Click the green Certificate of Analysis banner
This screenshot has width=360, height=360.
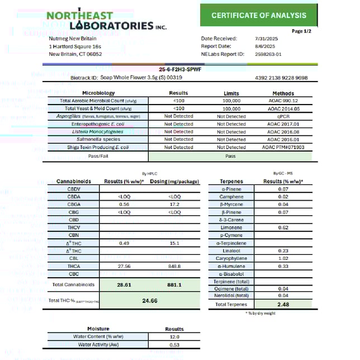pyautogui.click(x=258, y=15)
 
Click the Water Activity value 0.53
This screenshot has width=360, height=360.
pyautogui.click(x=174, y=344)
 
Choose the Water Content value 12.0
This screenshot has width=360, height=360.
pyautogui.click(x=174, y=337)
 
